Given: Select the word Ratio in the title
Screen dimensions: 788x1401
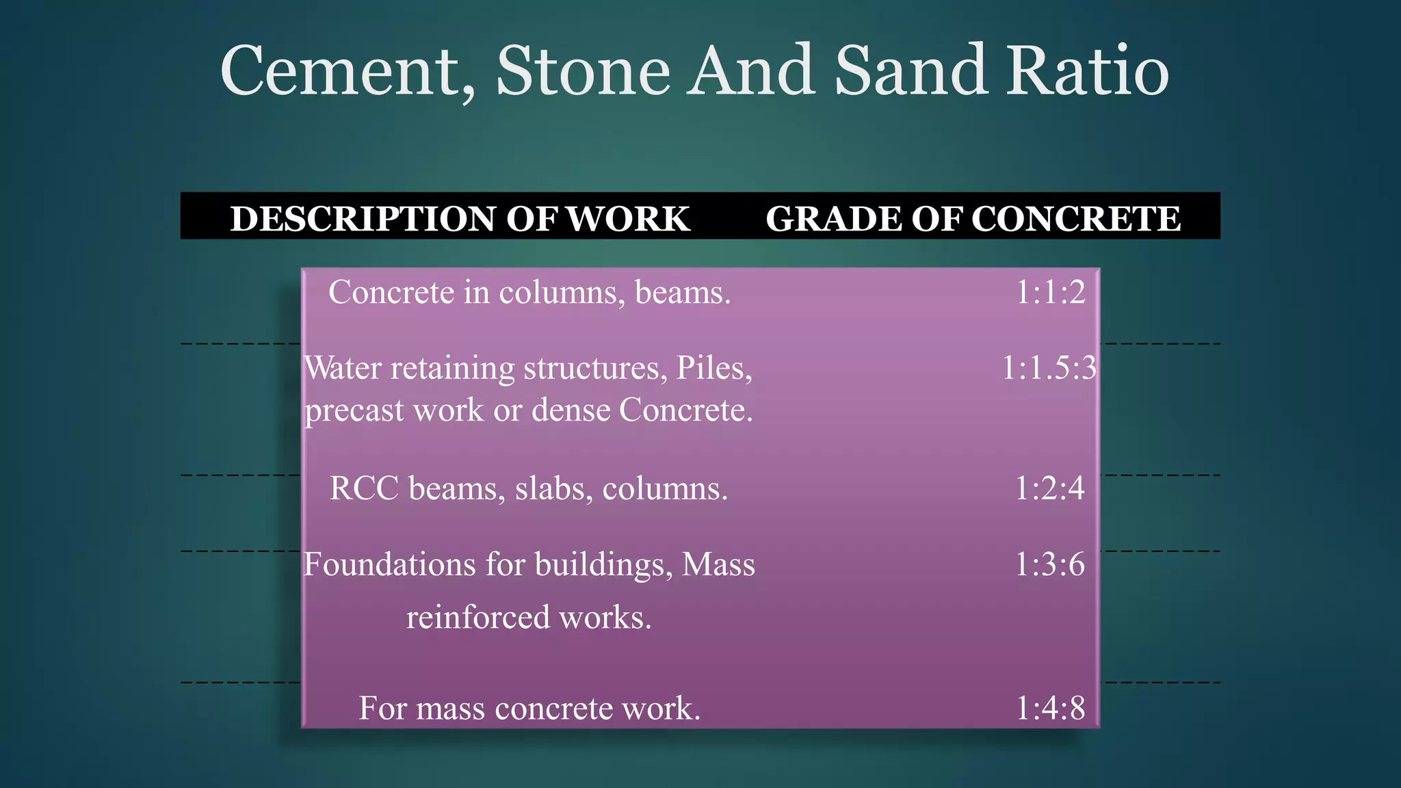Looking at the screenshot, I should coord(1088,71).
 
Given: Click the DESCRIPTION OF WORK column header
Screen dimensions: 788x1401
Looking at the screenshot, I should coord(460,219).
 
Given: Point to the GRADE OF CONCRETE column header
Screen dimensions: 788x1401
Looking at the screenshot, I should coord(973,219).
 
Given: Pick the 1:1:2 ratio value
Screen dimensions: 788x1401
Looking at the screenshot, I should coord(1050,293).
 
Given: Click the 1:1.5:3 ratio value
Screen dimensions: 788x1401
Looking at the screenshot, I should coord(1049,368).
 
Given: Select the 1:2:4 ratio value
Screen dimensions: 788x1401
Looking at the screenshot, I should coord(1049,488).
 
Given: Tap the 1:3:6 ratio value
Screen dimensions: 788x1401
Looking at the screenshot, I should coord(1049,565).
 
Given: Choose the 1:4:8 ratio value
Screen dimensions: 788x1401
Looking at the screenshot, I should coord(1050,708).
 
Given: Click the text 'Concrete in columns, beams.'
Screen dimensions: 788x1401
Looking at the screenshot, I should coord(529,293).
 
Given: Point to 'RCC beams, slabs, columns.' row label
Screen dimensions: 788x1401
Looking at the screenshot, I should coord(529,488).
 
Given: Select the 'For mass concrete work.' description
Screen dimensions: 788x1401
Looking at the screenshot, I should coord(529,708).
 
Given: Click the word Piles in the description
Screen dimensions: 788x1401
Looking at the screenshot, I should coord(713,368).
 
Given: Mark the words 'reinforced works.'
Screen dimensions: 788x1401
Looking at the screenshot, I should coord(529,617).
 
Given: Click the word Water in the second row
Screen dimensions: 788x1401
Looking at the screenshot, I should coord(343,368).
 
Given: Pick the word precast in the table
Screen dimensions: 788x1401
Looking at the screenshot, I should coord(354,410).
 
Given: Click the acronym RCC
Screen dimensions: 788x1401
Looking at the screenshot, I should coord(364,488).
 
